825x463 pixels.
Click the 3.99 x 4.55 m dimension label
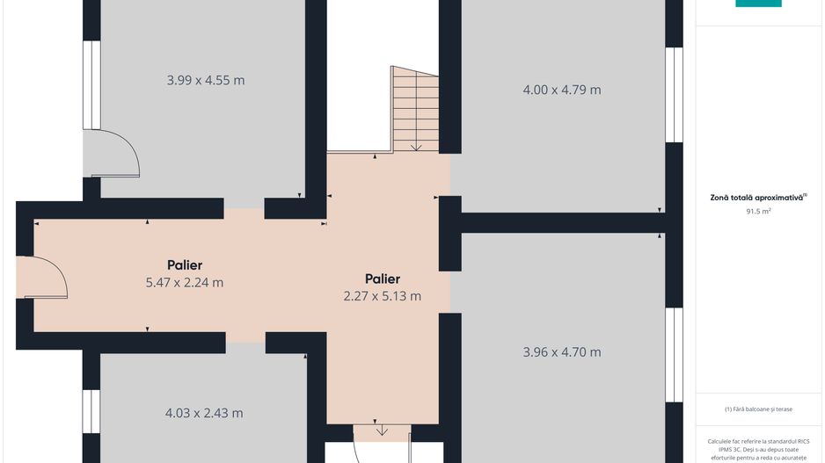click(205, 81)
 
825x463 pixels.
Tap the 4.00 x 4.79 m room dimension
click(561, 90)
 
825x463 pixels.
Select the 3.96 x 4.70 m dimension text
click(561, 352)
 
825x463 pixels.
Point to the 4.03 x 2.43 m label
click(204, 413)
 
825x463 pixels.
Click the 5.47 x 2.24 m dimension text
click(185, 283)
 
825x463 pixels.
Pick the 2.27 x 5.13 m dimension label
click(382, 296)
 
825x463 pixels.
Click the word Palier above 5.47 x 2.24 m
click(185, 264)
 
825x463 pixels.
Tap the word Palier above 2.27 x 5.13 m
click(382, 279)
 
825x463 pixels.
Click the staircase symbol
click(415, 109)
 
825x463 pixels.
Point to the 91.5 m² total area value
click(758, 212)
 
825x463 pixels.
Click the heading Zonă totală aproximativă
click(758, 198)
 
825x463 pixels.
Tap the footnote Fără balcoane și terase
click(758, 409)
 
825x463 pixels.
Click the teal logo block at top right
click(758, 4)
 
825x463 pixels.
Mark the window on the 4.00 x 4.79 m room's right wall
click(674, 94)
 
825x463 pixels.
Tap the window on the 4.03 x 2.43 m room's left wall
click(91, 410)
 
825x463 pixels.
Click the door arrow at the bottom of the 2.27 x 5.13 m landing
click(382, 430)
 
